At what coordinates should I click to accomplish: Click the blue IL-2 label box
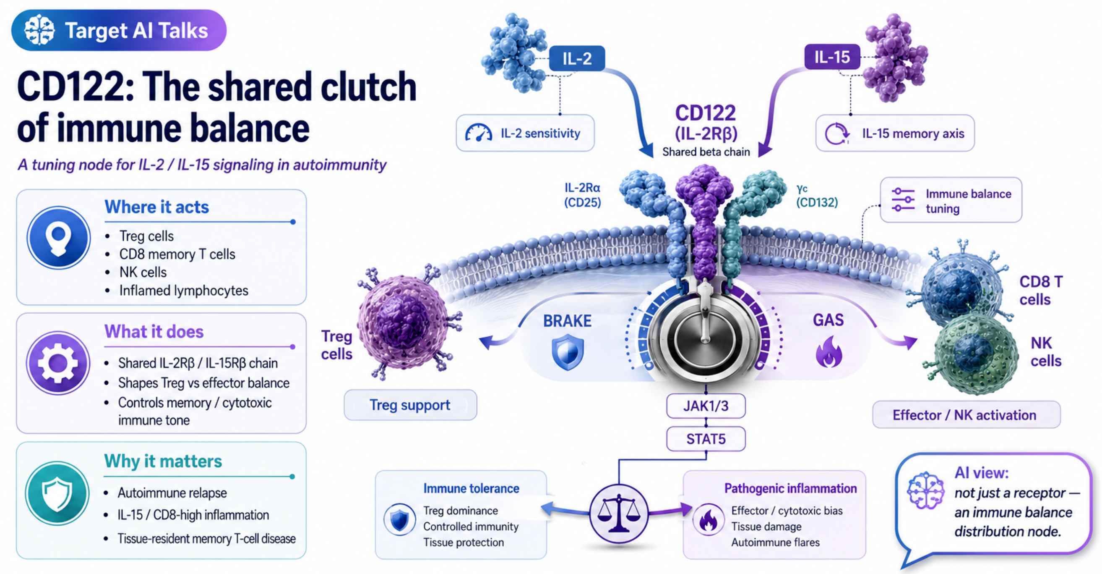(577, 58)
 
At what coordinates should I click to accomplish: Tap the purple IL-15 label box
(832, 57)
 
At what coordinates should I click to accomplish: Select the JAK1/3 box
(706, 406)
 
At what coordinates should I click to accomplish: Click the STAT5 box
(706, 439)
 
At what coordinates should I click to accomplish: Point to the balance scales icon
(619, 514)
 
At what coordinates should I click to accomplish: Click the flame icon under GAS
(829, 352)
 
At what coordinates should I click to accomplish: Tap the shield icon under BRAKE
(568, 353)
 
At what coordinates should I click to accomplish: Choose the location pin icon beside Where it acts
(59, 238)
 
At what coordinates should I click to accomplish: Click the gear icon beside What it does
(58, 363)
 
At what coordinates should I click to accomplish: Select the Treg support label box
(410, 405)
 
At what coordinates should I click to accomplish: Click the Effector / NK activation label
(964, 415)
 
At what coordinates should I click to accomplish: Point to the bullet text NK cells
(143, 273)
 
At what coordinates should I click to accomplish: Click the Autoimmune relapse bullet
(172, 493)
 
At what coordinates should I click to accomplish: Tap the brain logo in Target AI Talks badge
(39, 30)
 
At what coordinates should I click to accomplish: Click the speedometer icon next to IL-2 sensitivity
(478, 133)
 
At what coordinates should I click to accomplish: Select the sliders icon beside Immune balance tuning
(903, 199)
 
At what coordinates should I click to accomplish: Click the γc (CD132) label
(817, 196)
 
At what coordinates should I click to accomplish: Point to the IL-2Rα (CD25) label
(582, 195)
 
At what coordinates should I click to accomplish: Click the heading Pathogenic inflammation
(791, 488)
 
